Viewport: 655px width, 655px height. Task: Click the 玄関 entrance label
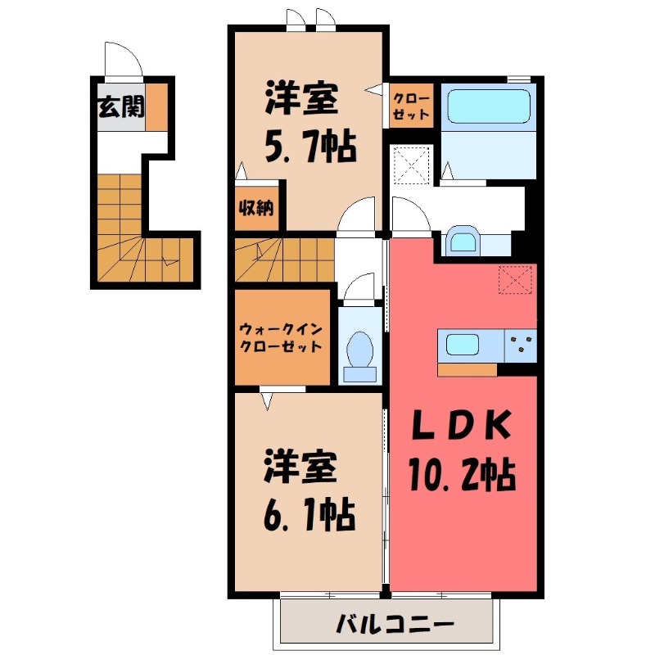[x=120, y=108]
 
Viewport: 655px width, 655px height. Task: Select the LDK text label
[x=460, y=426]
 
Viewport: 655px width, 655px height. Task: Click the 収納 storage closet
[x=255, y=207]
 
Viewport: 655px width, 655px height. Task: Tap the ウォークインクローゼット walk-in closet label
[x=281, y=337]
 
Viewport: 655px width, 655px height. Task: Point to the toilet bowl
[x=360, y=350]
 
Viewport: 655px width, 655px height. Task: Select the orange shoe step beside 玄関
[x=157, y=107]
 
